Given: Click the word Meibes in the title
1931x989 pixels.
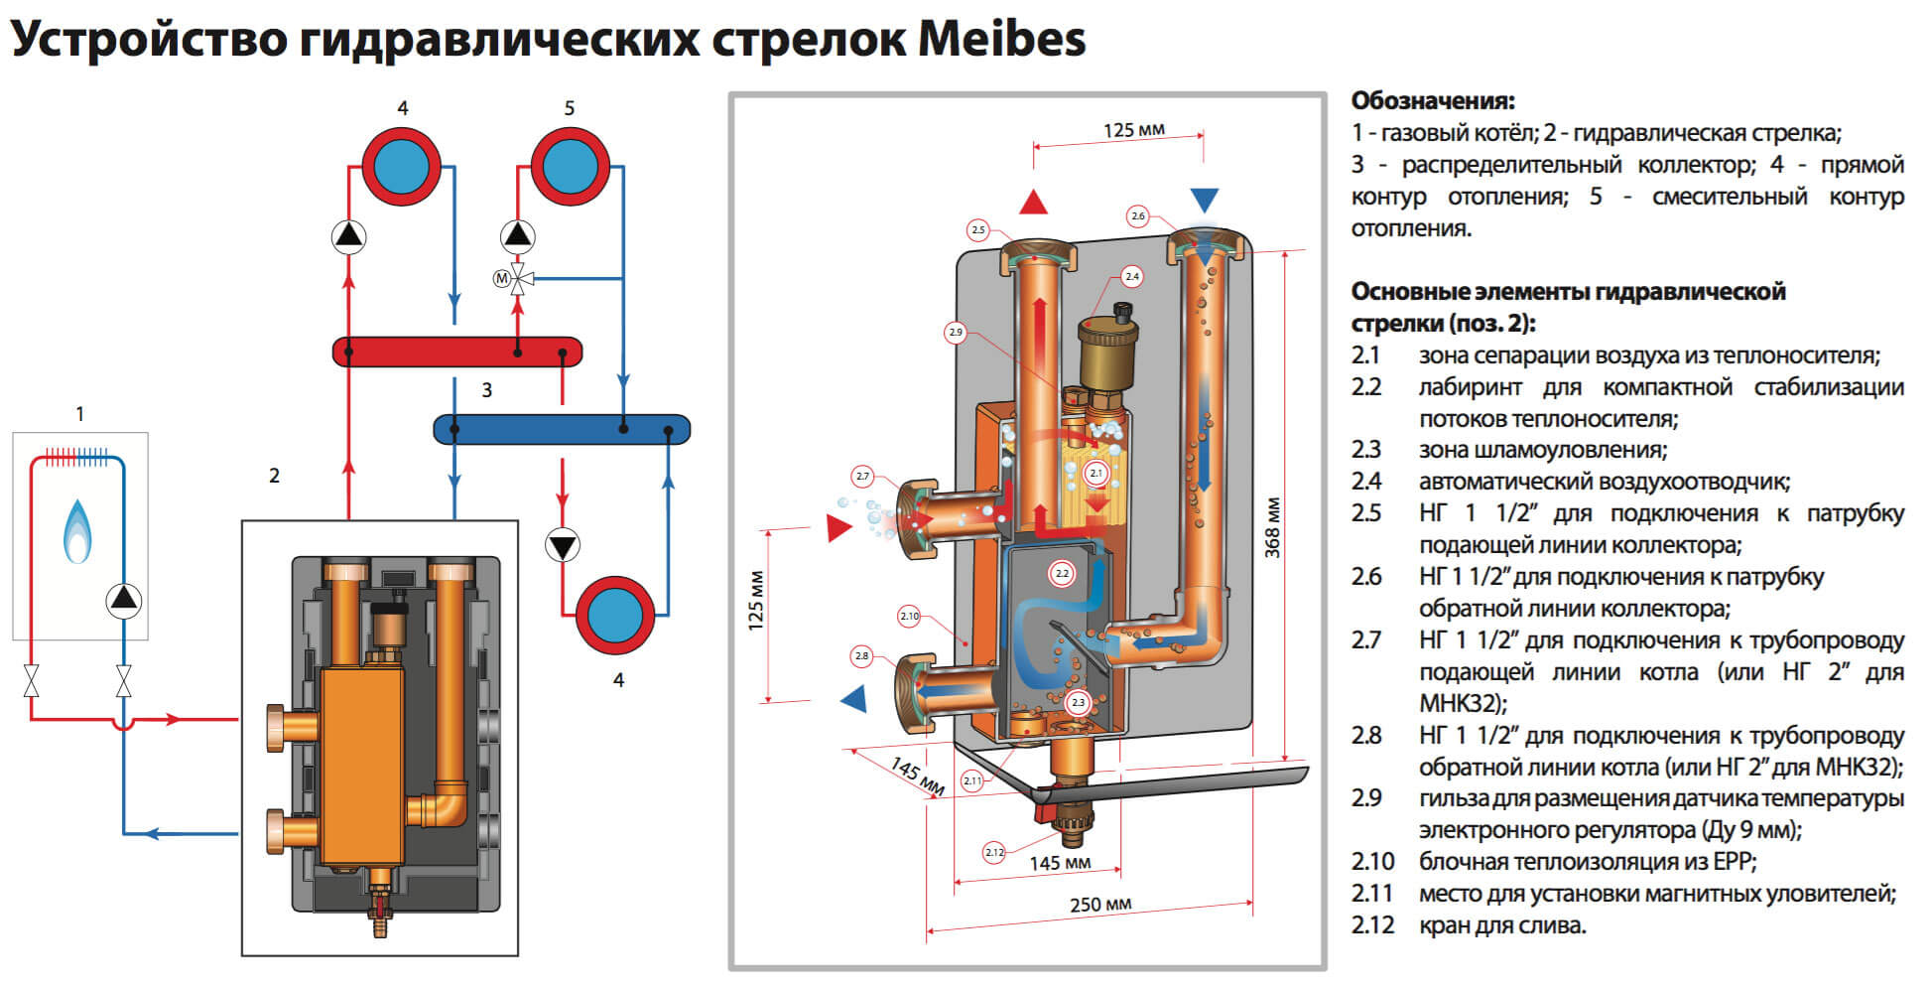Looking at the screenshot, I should [1001, 40].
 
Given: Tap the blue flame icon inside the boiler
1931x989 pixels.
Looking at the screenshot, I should [78, 531].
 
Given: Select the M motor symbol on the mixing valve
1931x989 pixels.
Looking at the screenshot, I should [502, 279].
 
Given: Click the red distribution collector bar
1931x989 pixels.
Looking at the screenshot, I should [456, 352].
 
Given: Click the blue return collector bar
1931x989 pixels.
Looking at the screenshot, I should [562, 429].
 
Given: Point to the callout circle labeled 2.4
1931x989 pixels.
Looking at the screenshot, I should [1131, 276].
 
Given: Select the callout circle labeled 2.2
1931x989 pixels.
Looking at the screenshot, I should [1062, 574].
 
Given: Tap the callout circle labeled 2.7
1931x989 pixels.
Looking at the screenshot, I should [862, 477].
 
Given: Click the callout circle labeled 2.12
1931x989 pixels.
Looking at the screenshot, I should [994, 852].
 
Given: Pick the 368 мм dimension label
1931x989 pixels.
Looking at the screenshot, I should [1273, 526].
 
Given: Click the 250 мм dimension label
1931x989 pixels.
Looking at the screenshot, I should [1100, 905].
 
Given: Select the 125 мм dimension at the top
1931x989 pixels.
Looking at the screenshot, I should [1134, 130].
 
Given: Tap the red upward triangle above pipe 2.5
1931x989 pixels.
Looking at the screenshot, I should [1034, 203].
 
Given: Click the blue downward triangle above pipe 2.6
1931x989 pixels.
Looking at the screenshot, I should [1204, 201].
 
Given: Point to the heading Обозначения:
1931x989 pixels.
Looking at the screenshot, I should [1433, 100].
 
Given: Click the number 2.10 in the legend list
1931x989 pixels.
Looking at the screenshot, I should [1372, 861].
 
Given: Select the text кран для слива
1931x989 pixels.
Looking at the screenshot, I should [1502, 925].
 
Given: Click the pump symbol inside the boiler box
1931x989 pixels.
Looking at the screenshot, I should [124, 599].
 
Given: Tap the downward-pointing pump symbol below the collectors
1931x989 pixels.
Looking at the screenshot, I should [563, 545].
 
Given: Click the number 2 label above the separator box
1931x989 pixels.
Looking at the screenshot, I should [275, 476].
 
